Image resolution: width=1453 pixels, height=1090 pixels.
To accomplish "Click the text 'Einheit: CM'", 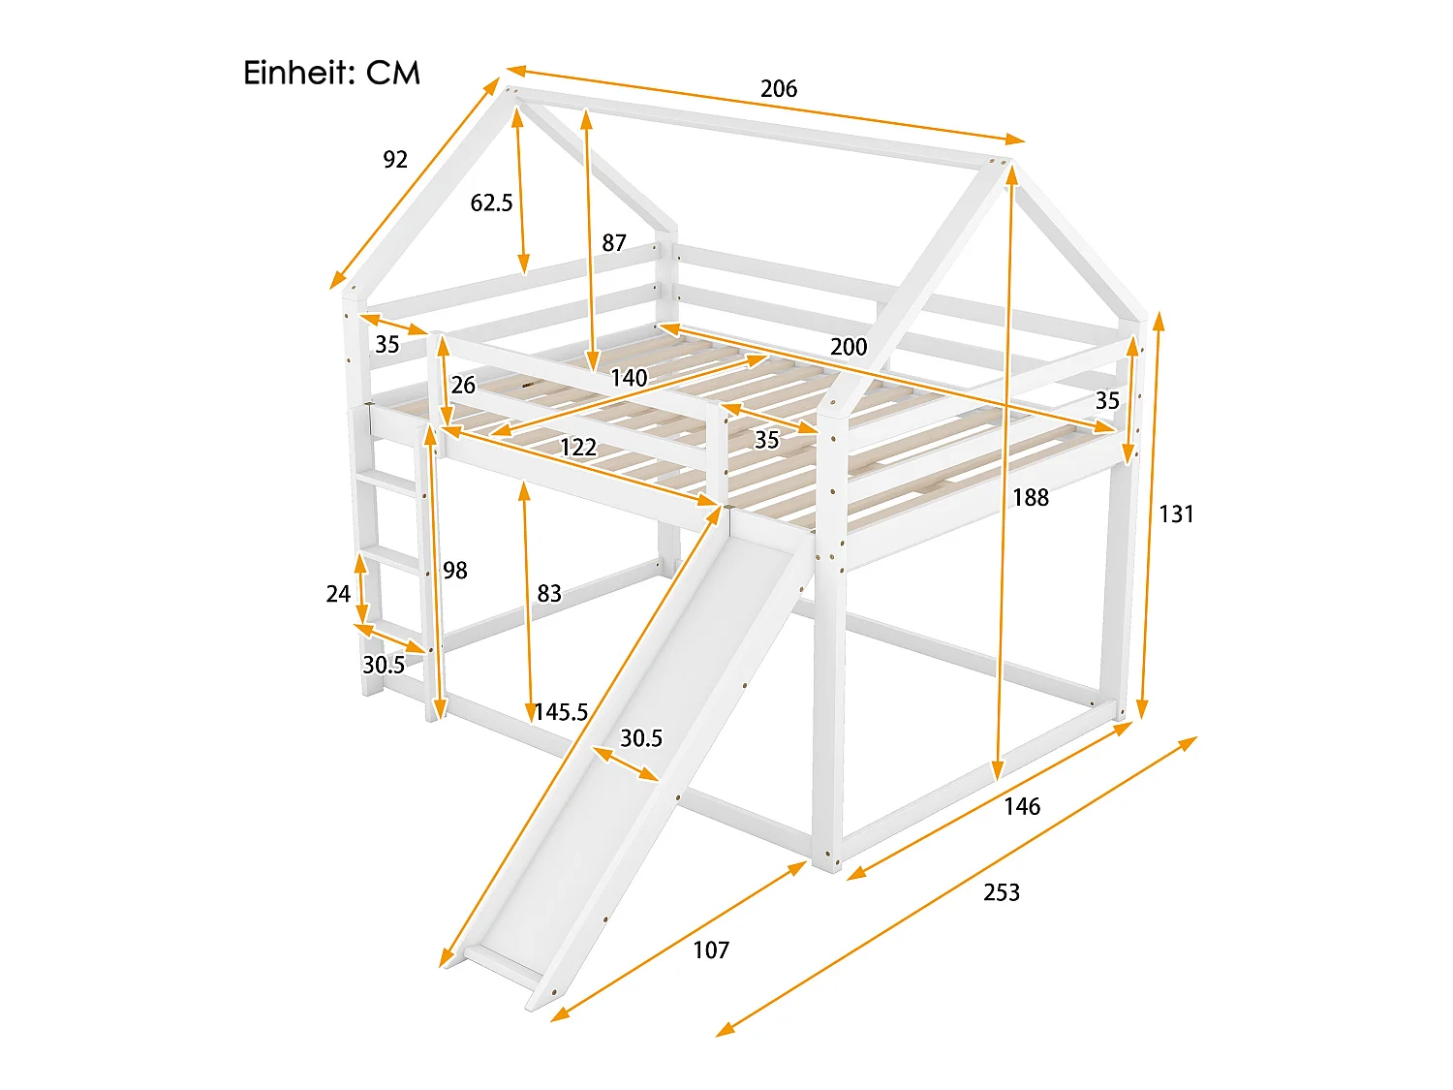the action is pos(331,73).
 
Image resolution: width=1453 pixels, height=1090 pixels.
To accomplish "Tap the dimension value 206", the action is pos(779,89).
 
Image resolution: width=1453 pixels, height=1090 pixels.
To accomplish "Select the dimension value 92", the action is pos(395,160).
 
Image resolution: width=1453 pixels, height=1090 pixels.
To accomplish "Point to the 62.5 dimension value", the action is pos(491,202).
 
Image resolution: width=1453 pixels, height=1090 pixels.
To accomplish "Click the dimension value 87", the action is pos(613,243).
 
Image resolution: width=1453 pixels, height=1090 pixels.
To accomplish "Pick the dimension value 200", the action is pos(849,346).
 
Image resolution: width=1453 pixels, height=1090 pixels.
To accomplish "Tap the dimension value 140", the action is pos(629,378).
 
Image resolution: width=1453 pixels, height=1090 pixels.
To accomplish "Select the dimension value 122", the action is pos(578,448).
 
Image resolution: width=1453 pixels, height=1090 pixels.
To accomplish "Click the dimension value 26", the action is pos(463,385).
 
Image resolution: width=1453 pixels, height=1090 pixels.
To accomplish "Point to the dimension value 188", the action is pos(1031,497).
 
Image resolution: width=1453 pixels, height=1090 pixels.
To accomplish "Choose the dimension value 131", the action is pos(1176,514).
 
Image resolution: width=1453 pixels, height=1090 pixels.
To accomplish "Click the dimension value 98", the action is pos(454,570).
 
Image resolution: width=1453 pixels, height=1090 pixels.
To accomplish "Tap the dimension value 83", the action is pos(549,593).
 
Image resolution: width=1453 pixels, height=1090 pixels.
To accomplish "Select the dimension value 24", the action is pos(338,594).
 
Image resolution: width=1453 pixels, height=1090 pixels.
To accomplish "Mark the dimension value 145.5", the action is pos(561,712).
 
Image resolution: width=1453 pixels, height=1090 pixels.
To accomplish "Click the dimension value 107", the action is pos(711,950).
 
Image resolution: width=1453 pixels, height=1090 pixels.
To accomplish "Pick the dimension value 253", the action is pos(1001,892).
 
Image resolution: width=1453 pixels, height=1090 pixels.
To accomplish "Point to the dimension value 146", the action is pos(1021,806).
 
